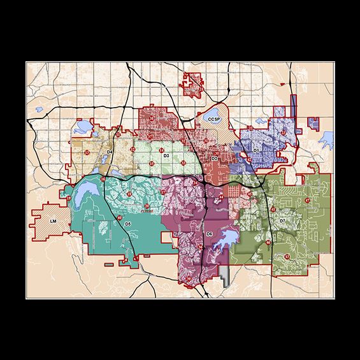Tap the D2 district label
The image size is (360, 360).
tap(215, 158)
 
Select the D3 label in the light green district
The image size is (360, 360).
tap(166, 155)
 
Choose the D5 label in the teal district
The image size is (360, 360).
tap(127, 224)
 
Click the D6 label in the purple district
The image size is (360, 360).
tap(209, 234)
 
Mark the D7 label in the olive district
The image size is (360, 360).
tap(282, 220)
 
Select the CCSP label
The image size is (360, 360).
tap(214, 119)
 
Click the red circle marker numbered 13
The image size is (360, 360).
tap(87, 154)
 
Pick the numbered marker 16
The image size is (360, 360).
tap(103, 180)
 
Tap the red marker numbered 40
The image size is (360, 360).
tap(120, 219)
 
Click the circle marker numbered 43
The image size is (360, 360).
tap(287, 257)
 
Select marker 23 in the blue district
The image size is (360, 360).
tap(282, 133)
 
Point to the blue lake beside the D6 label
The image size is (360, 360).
tap(227, 239)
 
